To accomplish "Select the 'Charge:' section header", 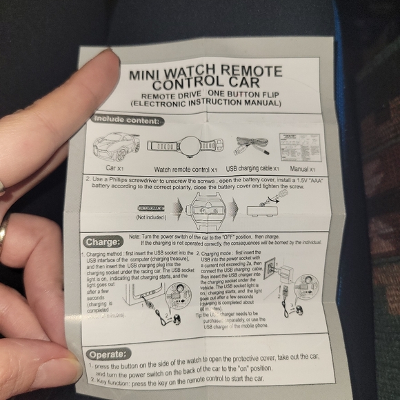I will [103, 243].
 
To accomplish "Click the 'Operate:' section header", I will [108, 354].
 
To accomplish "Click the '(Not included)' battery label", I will [151, 217].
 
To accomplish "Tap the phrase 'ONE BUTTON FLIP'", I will [243, 94].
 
